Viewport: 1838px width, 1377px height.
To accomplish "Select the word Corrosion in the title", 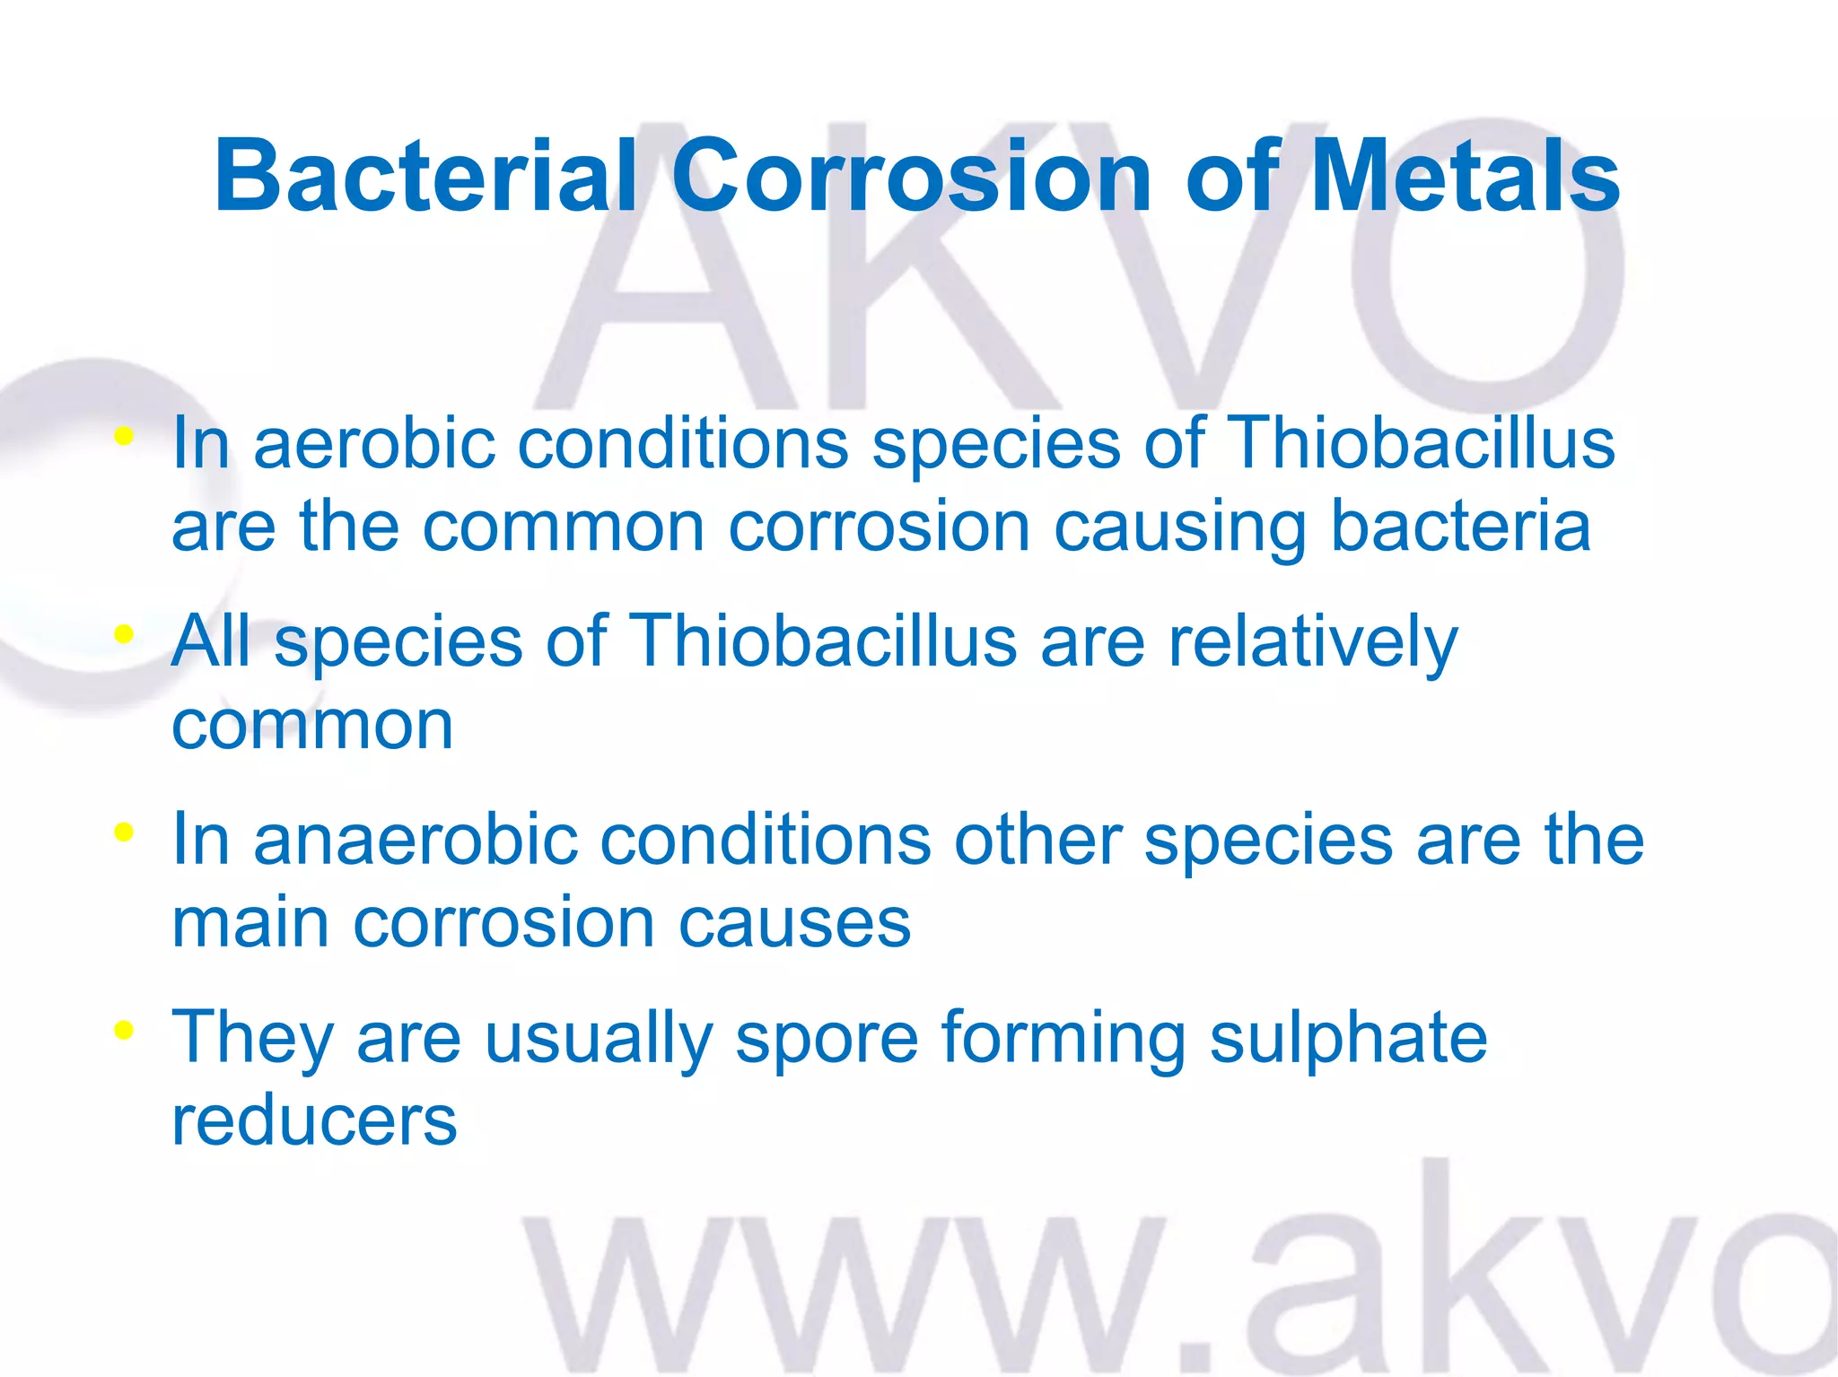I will point(911,176).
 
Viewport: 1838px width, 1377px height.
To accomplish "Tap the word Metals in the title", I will point(1466,176).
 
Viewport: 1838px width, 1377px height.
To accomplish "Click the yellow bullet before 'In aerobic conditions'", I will point(124,438).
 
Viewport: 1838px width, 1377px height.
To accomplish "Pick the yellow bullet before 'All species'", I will point(124,635).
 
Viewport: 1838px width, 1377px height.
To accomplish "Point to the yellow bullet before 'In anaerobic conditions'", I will point(124,832).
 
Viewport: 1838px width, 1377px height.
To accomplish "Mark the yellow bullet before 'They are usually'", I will point(124,1030).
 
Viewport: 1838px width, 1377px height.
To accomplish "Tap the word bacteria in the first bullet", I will point(1460,527).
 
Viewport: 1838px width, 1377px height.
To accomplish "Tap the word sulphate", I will point(1348,1039).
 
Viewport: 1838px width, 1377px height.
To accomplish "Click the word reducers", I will point(314,1120).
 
